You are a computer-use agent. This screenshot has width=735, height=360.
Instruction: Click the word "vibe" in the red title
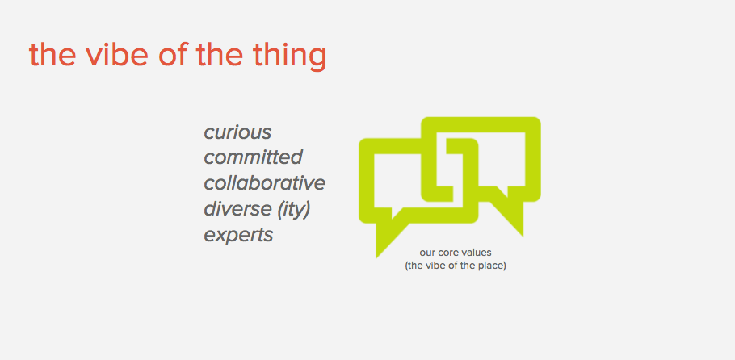117,54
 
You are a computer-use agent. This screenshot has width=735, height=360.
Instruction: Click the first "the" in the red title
52,54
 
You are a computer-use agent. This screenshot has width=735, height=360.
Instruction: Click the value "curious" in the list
237,132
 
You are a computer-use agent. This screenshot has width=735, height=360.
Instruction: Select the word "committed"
253,157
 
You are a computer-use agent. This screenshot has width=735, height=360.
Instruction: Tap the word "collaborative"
264,183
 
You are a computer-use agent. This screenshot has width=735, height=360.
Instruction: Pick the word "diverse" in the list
237,209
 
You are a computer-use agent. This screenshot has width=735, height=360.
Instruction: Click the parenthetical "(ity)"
294,211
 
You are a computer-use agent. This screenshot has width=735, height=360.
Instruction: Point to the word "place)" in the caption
494,266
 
